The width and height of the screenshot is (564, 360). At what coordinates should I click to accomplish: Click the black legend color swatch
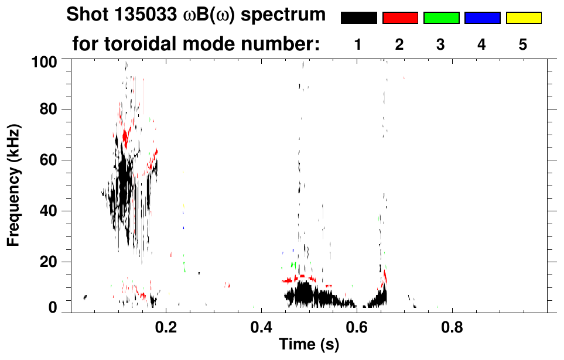click(x=358, y=18)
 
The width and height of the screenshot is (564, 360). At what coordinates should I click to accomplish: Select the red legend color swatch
click(x=400, y=18)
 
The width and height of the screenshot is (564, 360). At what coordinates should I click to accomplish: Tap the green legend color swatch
click(x=441, y=18)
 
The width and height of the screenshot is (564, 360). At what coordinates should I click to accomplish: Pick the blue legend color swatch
click(x=482, y=18)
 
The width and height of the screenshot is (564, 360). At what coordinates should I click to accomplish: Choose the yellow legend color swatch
click(x=523, y=18)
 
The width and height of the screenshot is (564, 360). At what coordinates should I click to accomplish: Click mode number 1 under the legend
click(x=358, y=45)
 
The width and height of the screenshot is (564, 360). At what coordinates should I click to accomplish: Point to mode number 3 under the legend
click(x=441, y=45)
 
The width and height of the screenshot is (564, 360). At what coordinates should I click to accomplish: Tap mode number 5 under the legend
click(x=523, y=45)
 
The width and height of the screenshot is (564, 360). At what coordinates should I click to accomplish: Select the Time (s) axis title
click(x=309, y=345)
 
